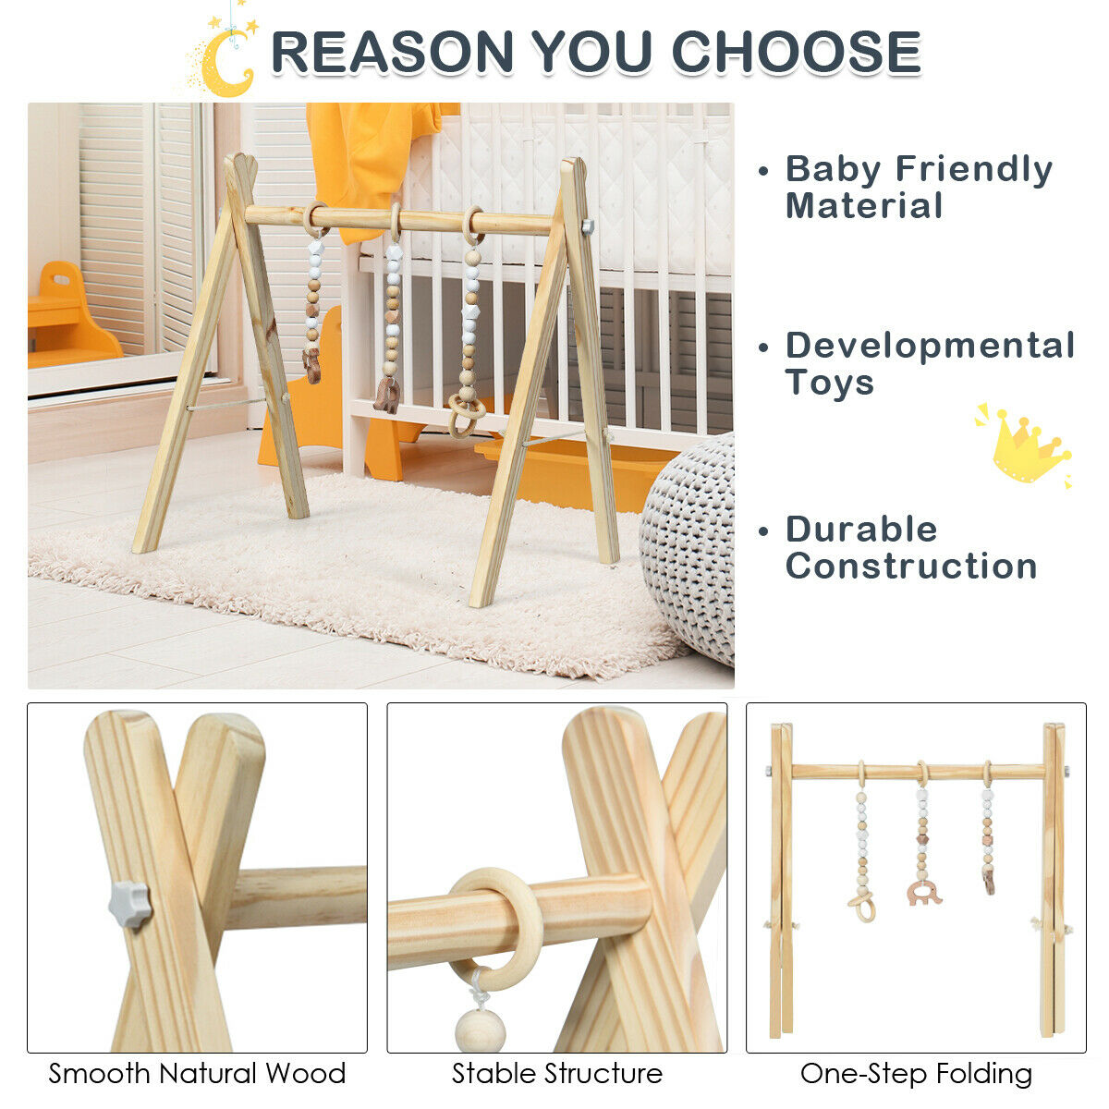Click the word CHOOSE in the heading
pos(796,52)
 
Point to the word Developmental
pos(930,346)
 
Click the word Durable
pos(861,530)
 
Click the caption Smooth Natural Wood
pos(197,1074)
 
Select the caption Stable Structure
pos(557,1074)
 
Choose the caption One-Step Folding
pos(916,1074)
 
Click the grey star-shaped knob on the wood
pos(129,903)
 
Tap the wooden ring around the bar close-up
pos(499,924)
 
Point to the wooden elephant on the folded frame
pos(923,893)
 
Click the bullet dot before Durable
pos(763,531)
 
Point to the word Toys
pos(829,382)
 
